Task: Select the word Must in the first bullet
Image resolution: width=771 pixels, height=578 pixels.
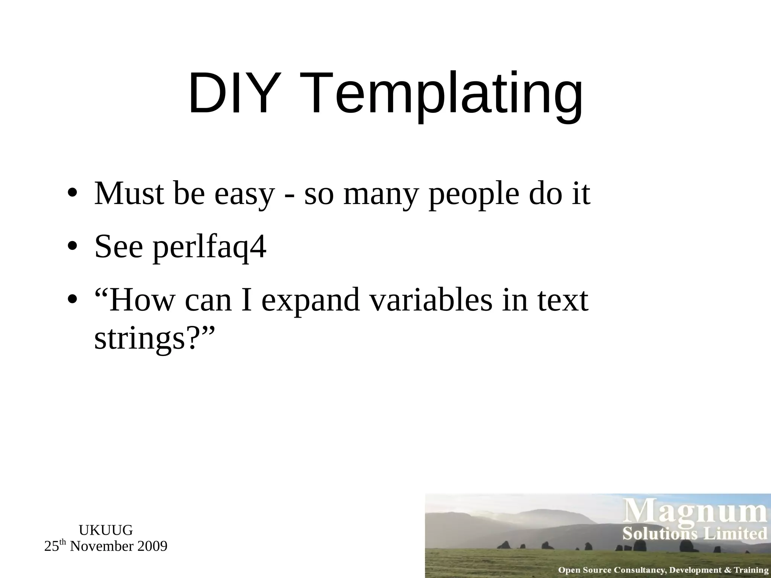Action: point(129,193)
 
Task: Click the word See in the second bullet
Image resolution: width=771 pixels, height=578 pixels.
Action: point(119,247)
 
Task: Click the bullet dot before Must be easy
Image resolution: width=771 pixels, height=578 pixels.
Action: point(73,193)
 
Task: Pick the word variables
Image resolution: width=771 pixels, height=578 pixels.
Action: point(430,301)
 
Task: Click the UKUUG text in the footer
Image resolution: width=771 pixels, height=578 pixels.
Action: point(106,530)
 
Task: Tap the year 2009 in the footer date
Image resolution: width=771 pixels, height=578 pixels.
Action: point(152,546)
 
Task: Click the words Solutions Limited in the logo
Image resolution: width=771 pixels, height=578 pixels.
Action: point(695,534)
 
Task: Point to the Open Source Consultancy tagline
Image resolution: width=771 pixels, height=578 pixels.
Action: point(663,570)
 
